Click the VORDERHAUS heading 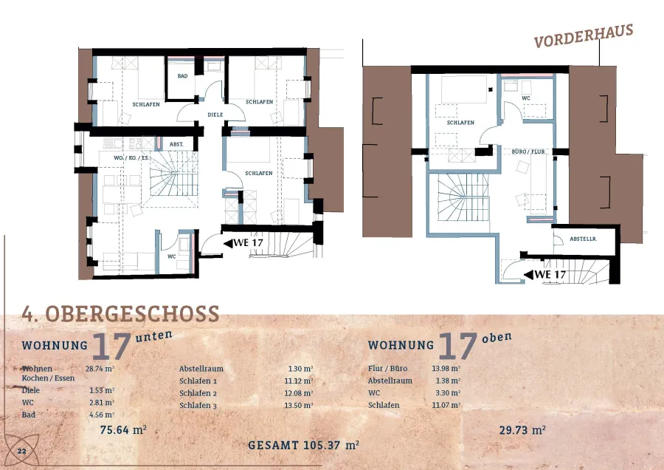tap(584, 35)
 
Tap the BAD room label tap(182, 76)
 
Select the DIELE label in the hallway tap(215, 115)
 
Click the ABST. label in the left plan tap(176, 144)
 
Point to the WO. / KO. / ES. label tap(132, 158)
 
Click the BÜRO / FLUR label tap(528, 151)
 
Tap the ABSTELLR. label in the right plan tap(583, 239)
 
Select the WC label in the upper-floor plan tap(526, 98)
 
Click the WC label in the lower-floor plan tap(171, 256)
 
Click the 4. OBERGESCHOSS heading tap(120, 314)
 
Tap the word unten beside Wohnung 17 tap(154, 336)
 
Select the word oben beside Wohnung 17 tap(497, 337)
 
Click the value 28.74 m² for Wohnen tap(100, 369)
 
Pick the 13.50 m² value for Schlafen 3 tap(299, 405)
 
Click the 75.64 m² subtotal tap(123, 429)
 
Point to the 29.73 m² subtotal tap(522, 429)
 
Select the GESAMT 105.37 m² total tap(304, 445)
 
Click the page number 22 tap(21, 451)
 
